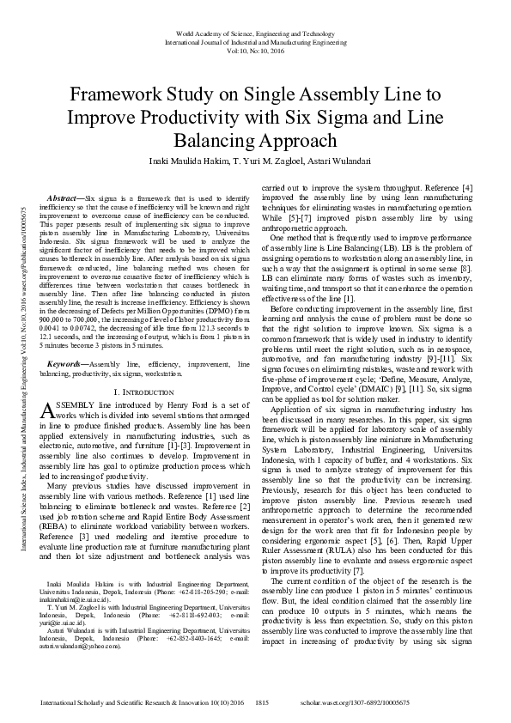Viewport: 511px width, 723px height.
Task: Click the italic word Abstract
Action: pos(64,197)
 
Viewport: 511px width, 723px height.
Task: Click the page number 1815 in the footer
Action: pos(263,702)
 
